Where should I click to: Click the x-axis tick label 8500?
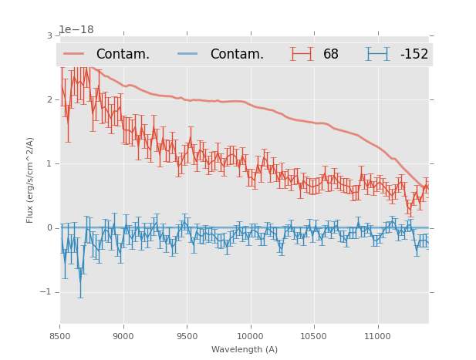[x=60, y=336]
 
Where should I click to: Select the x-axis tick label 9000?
[x=123, y=336]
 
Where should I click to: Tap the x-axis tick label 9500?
[x=187, y=336]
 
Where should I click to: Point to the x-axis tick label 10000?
[x=250, y=336]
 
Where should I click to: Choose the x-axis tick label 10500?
[x=314, y=336]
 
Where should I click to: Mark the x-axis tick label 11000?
[x=377, y=336]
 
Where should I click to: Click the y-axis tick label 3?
[x=49, y=36]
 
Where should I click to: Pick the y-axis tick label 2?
[x=49, y=100]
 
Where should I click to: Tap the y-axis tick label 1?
[x=49, y=164]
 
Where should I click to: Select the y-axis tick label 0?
[x=49, y=228]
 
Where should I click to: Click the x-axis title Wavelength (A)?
[x=245, y=350]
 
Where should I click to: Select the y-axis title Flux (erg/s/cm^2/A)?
[x=31, y=180]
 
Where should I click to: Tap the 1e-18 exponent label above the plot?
[x=76, y=29]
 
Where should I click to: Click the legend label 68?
[x=331, y=55]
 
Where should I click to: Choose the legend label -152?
[x=414, y=55]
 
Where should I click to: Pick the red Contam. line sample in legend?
[x=74, y=54]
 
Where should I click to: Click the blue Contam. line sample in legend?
[x=188, y=54]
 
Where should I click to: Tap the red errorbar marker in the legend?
[x=302, y=54]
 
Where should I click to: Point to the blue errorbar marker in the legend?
[x=378, y=54]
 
